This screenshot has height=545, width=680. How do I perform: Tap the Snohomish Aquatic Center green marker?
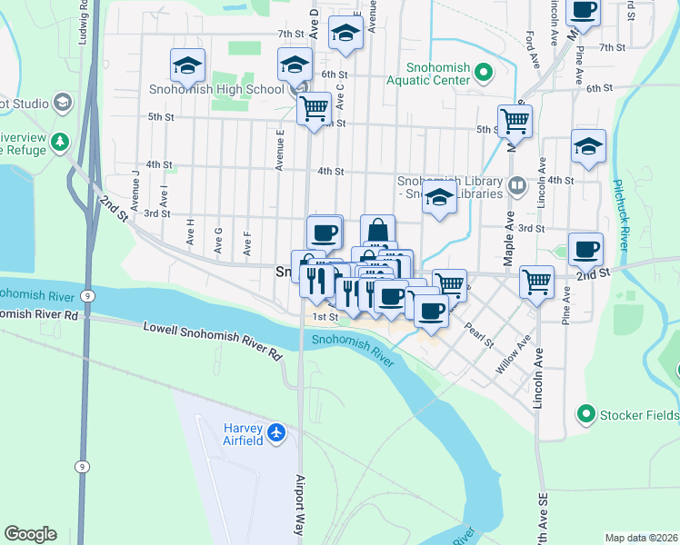tap(485, 72)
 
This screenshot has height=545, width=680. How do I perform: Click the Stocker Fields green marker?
tap(585, 415)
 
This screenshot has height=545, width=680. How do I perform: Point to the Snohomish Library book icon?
tap(517, 186)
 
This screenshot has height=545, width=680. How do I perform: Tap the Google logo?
tap(30, 534)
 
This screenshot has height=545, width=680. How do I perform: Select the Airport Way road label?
tap(299, 503)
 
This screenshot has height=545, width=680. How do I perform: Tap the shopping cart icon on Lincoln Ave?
tap(537, 282)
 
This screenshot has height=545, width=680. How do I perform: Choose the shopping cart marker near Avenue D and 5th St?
tap(314, 108)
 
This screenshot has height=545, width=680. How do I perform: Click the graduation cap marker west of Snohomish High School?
tap(187, 65)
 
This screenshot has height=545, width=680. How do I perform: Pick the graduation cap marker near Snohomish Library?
tap(439, 198)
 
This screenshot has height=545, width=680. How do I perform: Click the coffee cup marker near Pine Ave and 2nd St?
tap(585, 248)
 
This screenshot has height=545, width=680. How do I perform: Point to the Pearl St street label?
tap(478, 336)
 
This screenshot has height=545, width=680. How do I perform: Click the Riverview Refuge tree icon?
tap(60, 142)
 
